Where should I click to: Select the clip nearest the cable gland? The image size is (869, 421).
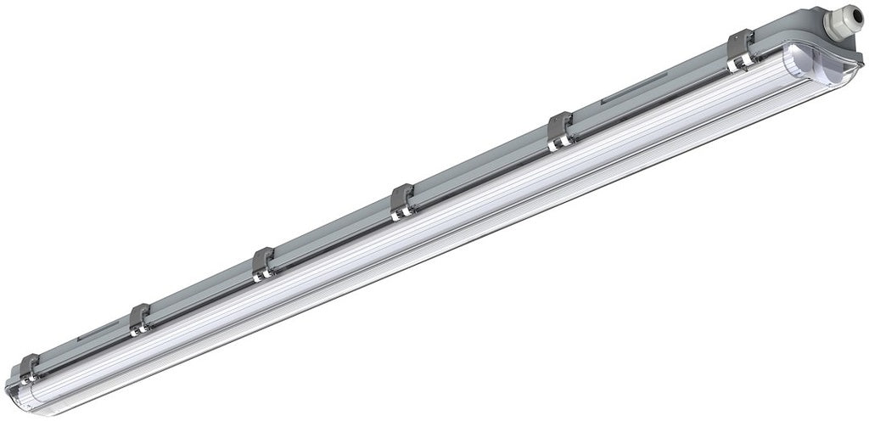740,48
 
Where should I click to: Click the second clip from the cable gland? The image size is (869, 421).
560,131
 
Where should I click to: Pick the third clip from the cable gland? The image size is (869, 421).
401,202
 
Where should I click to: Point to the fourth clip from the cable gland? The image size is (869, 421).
263,263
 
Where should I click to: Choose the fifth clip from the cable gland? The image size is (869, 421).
139,318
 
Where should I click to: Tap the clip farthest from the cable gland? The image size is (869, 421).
29,368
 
